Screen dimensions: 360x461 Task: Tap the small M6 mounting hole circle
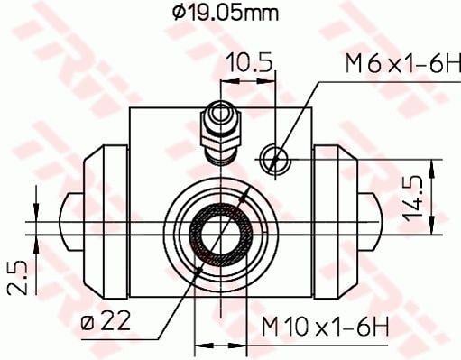[274, 159]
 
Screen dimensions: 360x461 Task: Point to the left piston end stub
[70, 220]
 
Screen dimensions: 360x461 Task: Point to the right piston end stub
[370, 220]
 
